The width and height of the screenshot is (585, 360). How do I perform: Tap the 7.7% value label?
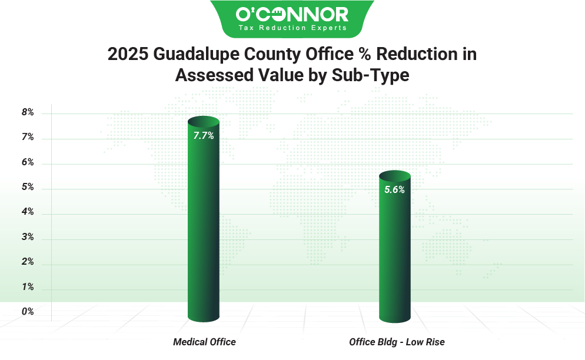coord(204,135)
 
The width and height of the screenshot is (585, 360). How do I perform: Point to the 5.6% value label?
coord(394,189)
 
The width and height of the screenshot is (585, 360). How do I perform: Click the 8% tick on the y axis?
coord(28,112)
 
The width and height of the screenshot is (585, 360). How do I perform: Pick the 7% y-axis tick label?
coord(28,138)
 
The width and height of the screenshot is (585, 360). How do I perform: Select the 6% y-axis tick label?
coord(28,162)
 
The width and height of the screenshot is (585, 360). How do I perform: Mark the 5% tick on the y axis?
coord(28,188)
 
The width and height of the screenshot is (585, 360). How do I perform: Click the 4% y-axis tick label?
coord(28,212)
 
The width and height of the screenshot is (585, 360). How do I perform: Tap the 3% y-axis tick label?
coord(28,238)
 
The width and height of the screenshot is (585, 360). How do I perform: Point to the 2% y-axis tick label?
coord(28,262)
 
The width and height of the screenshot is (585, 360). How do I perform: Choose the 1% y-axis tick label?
coord(28,288)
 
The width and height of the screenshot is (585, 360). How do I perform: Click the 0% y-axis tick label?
coord(28,312)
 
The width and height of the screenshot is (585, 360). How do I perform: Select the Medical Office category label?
coord(204,342)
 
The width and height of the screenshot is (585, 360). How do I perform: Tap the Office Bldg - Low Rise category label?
coord(397,342)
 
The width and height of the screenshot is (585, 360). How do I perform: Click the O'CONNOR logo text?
coord(292,14)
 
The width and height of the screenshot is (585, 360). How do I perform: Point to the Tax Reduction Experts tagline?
coord(292,28)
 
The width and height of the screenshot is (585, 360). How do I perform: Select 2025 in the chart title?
coord(128,55)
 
